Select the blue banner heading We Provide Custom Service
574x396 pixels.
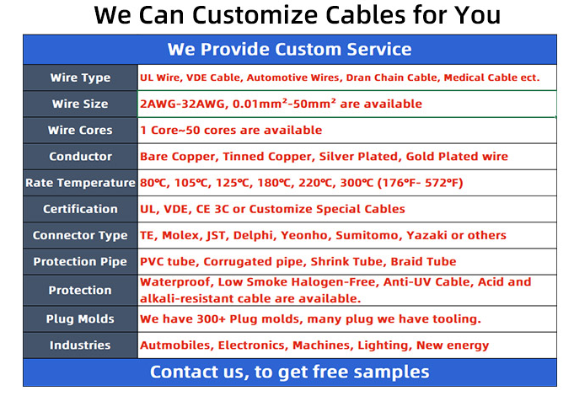(290, 49)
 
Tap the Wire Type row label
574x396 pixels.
(80, 78)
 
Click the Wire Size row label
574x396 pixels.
(80, 104)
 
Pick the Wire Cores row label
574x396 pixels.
(80, 131)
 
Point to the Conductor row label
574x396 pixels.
(80, 157)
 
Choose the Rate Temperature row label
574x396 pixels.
(80, 183)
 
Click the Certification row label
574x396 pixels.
(80, 209)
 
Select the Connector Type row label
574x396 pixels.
(80, 235)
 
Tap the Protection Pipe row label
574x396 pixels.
(80, 262)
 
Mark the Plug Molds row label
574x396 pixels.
(80, 318)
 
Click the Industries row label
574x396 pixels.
(80, 345)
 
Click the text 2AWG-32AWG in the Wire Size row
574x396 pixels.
(182, 104)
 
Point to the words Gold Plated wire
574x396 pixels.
(457, 157)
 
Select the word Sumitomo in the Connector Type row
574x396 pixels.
(367, 235)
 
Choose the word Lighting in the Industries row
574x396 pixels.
(383, 345)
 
